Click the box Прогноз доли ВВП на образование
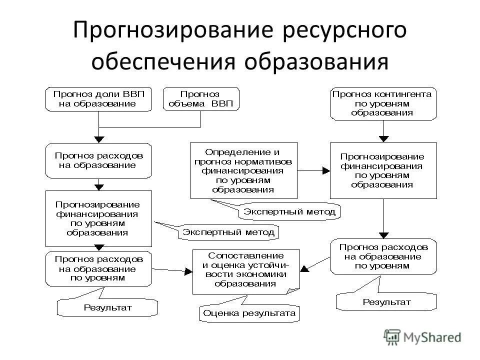click(98, 99)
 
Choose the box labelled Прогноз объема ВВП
click(200, 99)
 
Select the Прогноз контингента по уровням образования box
click(382, 103)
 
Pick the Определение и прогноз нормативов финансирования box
click(243, 170)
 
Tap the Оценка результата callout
click(249, 314)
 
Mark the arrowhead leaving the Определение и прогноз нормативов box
click(326, 170)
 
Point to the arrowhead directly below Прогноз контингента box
click(383, 138)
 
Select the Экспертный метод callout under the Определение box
click(289, 212)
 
